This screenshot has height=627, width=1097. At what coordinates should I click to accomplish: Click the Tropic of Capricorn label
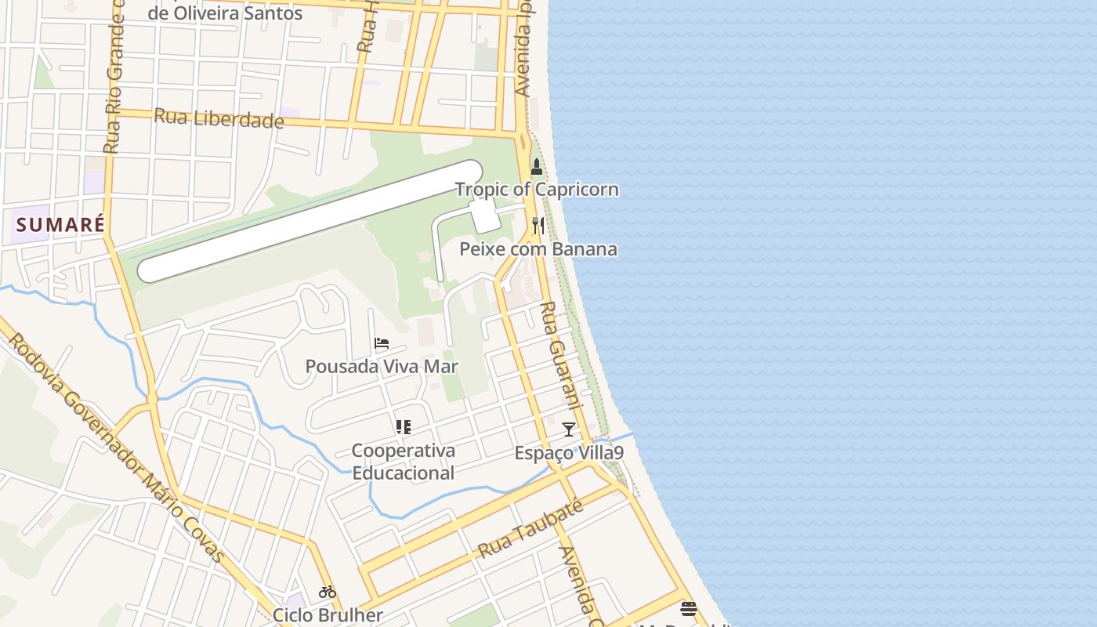pyautogui.click(x=537, y=190)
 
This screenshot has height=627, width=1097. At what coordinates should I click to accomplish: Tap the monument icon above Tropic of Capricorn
pyautogui.click(x=537, y=167)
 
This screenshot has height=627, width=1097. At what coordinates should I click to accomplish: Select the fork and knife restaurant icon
pyautogui.click(x=538, y=226)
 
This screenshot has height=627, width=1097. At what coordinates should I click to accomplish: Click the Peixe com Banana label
pyautogui.click(x=538, y=249)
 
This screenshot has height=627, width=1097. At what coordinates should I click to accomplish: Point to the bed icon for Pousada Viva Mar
pyautogui.click(x=382, y=343)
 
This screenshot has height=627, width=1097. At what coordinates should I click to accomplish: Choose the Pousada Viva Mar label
pyautogui.click(x=382, y=367)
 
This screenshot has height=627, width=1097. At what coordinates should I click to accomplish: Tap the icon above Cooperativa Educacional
pyautogui.click(x=403, y=427)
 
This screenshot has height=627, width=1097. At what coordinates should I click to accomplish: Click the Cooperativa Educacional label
pyautogui.click(x=403, y=462)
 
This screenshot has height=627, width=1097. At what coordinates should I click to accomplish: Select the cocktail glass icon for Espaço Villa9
pyautogui.click(x=569, y=429)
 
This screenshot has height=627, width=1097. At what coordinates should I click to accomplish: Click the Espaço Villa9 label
pyautogui.click(x=569, y=453)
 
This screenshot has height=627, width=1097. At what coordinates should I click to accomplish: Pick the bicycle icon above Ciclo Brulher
pyautogui.click(x=328, y=592)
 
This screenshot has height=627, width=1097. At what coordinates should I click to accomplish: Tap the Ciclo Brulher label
pyautogui.click(x=328, y=615)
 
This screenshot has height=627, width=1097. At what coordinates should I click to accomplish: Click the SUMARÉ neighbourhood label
pyautogui.click(x=60, y=225)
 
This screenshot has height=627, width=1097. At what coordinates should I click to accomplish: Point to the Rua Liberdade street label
pyautogui.click(x=219, y=118)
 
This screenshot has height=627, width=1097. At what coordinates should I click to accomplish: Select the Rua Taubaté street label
pyautogui.click(x=530, y=531)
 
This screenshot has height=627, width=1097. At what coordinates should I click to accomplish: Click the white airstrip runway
pyautogui.click(x=310, y=221)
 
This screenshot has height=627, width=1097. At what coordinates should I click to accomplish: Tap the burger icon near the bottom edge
pyautogui.click(x=689, y=608)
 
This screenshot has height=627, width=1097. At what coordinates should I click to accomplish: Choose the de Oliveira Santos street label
pyautogui.click(x=225, y=13)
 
